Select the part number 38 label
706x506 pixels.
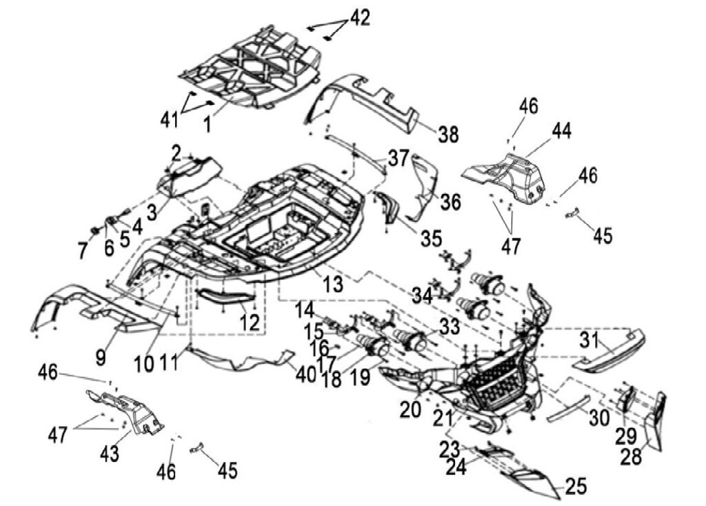pos(448,134)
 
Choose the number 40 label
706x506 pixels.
pos(306,374)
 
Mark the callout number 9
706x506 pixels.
pos(101,358)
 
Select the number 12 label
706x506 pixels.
pos(250,323)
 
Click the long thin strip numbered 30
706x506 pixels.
pos(568,408)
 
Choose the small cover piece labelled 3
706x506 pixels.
pos(189,176)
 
